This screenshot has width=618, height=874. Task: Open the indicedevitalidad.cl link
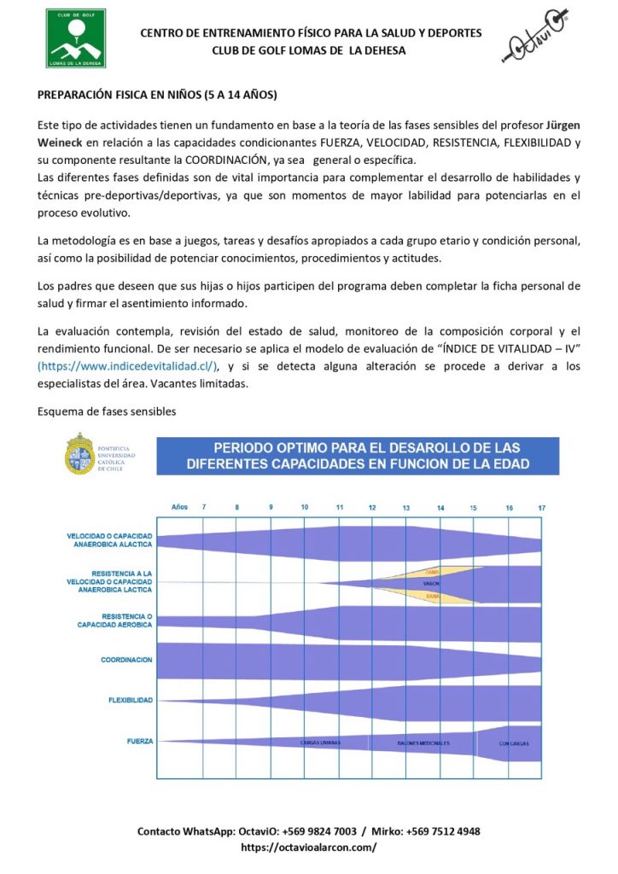(128, 366)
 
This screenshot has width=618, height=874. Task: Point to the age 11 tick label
(339, 508)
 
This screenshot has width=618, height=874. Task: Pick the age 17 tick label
(541, 508)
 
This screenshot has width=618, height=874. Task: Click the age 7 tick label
(203, 508)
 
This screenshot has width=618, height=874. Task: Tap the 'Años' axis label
(179, 508)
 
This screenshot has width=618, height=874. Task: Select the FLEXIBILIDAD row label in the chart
(130, 700)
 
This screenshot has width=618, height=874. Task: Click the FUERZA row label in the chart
(140, 741)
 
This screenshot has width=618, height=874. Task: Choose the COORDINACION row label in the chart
(126, 660)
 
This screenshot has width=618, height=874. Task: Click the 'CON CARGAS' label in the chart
(514, 743)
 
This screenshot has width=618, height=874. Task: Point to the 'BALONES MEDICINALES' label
(423, 743)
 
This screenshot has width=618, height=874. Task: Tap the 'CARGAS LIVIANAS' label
(320, 743)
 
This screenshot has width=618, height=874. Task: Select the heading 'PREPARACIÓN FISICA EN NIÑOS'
(158, 94)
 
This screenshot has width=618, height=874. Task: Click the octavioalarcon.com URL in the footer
(309, 848)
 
